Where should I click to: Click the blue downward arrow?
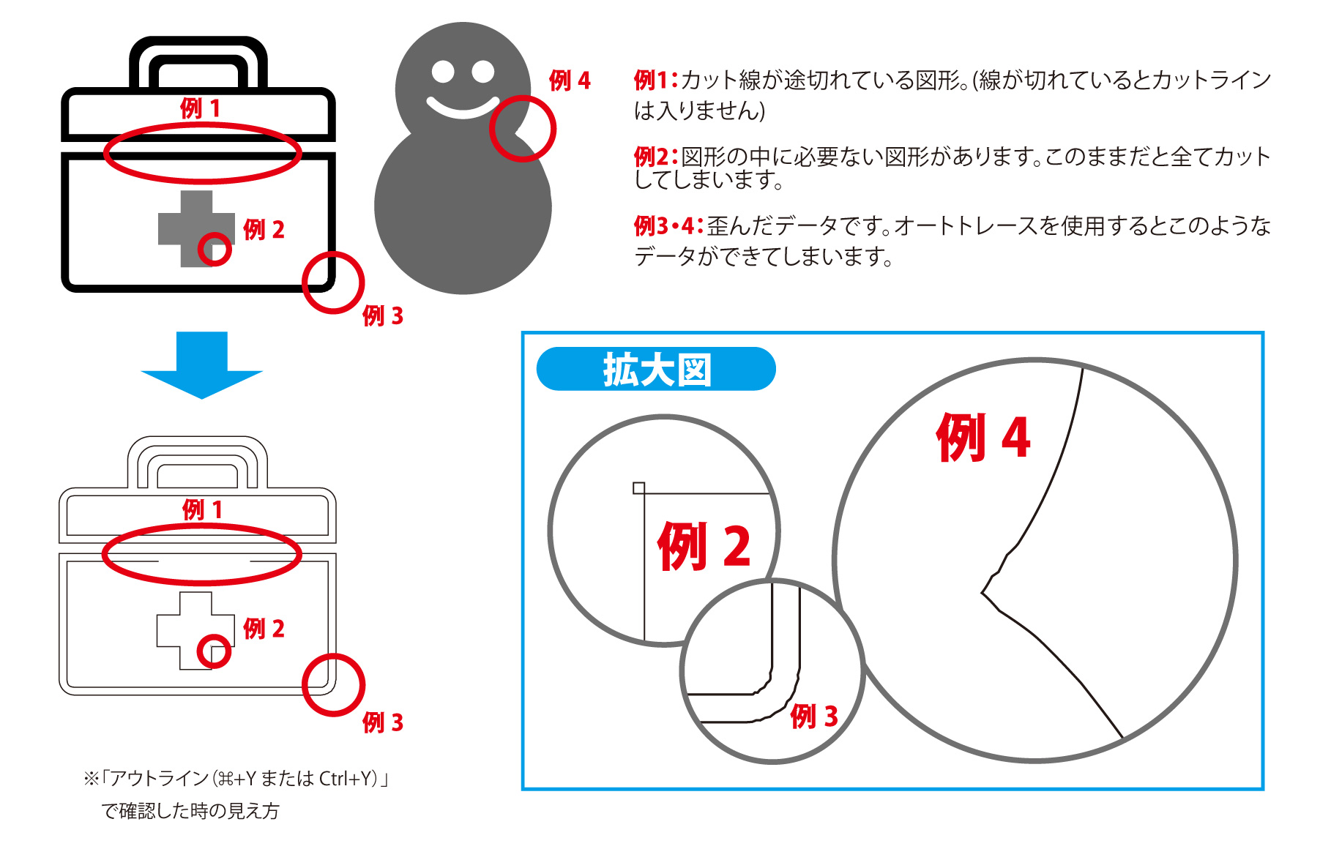click(201, 364)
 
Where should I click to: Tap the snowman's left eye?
click(444, 72)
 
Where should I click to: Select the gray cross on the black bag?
click(196, 228)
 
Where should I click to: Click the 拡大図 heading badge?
click(656, 369)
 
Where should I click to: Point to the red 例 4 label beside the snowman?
click(570, 81)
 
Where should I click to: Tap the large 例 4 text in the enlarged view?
click(983, 437)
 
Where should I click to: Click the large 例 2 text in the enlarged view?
click(704, 546)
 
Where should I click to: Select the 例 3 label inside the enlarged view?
click(813, 717)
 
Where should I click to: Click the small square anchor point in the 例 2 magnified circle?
click(638, 488)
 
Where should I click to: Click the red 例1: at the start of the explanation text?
click(657, 80)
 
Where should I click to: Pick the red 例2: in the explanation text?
click(657, 157)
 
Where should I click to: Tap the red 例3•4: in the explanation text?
click(668, 226)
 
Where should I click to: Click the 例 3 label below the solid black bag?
click(383, 316)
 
